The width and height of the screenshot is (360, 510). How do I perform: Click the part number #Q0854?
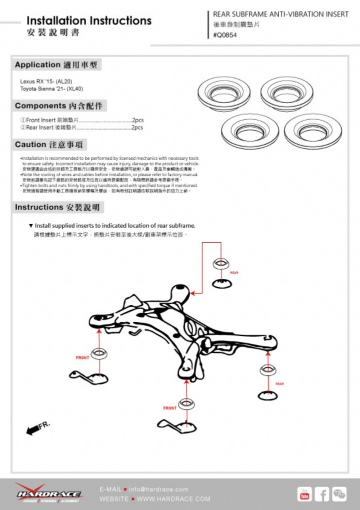coord(225,36)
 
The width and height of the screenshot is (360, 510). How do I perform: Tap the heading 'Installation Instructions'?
coord(89,21)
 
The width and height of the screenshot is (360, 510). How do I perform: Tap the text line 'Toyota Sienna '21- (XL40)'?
coord(52,89)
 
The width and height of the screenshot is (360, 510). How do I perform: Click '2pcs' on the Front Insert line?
coord(137,121)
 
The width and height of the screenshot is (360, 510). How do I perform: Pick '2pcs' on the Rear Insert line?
coord(137,128)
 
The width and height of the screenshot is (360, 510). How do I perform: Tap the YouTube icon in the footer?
coord(304,493)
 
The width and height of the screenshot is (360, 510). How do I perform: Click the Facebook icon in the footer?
coord(321,493)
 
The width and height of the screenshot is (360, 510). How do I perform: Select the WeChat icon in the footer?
coord(339,493)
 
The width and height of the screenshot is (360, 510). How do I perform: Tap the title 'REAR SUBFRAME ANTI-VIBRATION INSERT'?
coord(280,15)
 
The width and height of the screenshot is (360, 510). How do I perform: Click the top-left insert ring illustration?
coord(223,93)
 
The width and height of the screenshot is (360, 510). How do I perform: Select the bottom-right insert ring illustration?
coord(312,131)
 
